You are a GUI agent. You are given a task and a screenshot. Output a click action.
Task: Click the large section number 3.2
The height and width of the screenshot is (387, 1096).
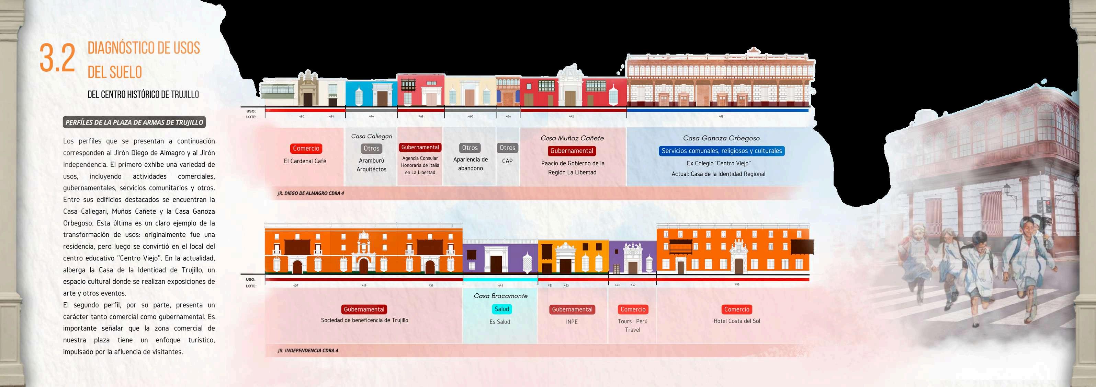(57, 58)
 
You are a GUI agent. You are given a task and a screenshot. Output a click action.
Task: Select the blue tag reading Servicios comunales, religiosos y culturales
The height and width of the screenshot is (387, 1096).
(721, 151)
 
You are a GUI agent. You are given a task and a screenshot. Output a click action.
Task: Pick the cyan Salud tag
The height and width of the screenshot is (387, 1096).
(501, 309)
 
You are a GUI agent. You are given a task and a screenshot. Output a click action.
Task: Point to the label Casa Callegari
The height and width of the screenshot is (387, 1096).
(371, 136)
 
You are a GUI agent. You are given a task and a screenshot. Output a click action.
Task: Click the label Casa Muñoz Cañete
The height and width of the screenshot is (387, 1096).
(572, 138)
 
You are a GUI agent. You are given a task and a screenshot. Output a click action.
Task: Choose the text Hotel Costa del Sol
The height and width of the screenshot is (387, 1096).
(736, 321)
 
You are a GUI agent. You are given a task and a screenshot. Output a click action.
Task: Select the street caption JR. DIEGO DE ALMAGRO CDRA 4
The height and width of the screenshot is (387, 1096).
(310, 193)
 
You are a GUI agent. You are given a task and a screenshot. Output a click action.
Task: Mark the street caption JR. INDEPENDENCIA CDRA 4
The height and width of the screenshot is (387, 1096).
(308, 351)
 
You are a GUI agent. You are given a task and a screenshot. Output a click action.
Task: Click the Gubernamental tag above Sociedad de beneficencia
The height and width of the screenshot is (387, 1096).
(364, 309)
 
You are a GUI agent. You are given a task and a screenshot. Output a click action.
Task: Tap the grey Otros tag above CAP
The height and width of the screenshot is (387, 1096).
(507, 148)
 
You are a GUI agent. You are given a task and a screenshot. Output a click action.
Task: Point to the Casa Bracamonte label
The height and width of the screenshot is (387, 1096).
(500, 296)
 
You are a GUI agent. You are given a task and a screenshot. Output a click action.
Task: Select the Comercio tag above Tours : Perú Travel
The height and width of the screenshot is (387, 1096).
(633, 309)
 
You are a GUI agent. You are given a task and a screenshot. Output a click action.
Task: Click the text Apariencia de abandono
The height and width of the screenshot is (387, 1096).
(470, 164)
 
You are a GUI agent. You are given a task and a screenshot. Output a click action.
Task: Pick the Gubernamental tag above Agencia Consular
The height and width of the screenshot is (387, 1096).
(420, 148)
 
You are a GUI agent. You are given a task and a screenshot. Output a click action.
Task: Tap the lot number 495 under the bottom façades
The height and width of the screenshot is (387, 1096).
(736, 285)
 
